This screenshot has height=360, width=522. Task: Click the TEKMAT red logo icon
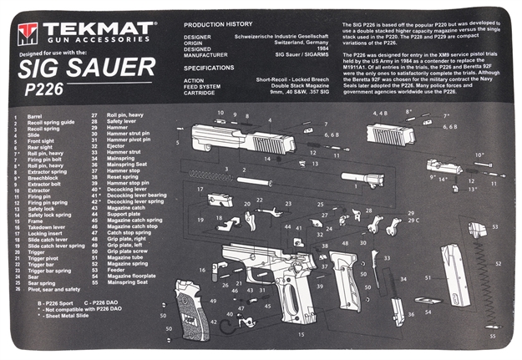28,33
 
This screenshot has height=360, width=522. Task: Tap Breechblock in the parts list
43,177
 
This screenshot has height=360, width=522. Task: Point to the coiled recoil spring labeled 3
212,175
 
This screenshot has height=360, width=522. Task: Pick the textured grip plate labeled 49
187,302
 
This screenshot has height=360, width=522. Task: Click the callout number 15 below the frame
302,335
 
